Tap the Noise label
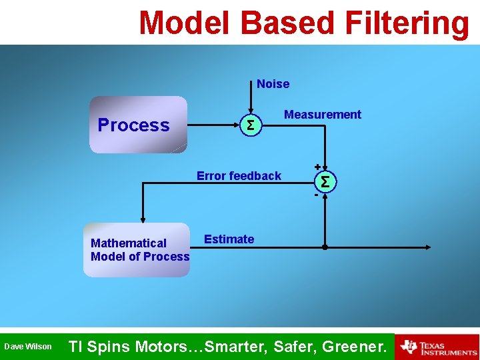coord(273,84)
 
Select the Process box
coord(139,125)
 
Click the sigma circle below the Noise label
coord(250,125)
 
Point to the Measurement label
coord(322,115)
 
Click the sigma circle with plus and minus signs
coord(325,181)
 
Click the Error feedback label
coord(239,176)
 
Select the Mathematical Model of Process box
coord(137,250)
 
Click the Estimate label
coord(229,239)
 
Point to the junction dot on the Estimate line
coord(325,247)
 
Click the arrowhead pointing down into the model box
coord(142,219)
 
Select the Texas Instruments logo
coord(437,347)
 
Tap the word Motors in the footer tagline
coord(163,347)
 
